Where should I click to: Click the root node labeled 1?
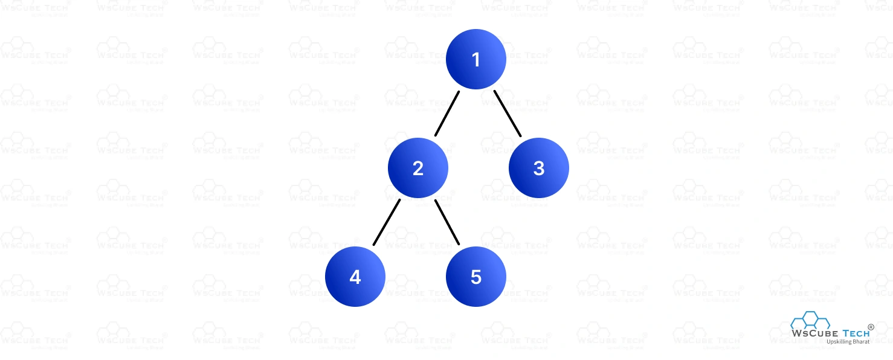476,59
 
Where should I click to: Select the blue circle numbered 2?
417,168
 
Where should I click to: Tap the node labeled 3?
538,168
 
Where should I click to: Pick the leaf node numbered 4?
355,276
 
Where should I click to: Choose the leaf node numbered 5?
476,276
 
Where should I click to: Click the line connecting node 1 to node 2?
447,113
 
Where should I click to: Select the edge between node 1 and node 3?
508,113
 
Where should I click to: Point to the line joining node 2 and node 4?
387,222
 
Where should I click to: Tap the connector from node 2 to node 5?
447,222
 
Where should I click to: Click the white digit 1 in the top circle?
476,60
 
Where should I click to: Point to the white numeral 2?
417,169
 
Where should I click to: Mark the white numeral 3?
539,169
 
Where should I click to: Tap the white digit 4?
355,277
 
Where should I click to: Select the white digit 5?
476,277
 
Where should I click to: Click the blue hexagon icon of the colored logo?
810,320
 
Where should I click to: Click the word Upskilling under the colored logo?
839,342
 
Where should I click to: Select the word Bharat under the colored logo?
861,341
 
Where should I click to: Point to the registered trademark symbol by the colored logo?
871,327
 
